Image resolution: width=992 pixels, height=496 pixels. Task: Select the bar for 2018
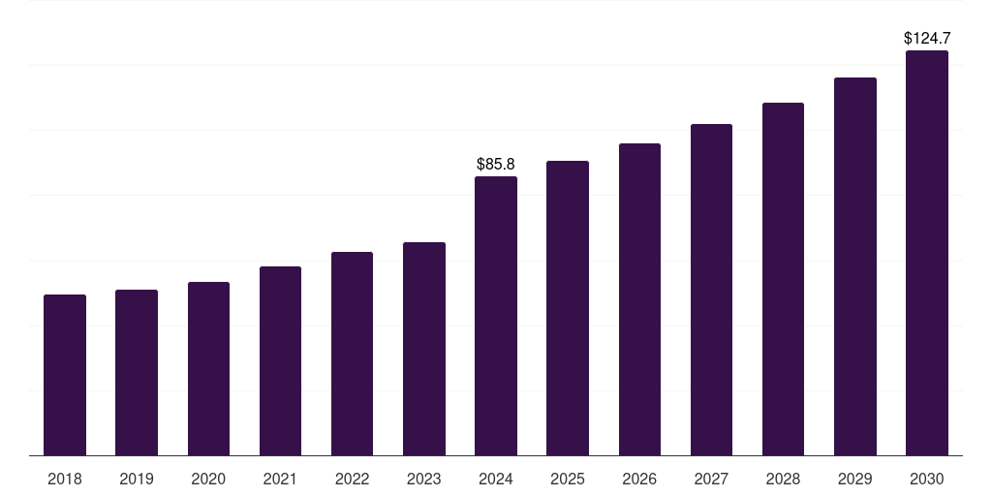coord(65,375)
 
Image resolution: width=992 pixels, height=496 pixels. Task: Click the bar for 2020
coord(208,368)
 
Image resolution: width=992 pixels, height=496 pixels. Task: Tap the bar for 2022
coord(352,354)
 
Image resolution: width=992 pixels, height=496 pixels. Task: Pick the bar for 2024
coord(496,316)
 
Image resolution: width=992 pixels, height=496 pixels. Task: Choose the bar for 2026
coord(639,299)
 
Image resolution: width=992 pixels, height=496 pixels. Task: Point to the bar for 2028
coord(783,279)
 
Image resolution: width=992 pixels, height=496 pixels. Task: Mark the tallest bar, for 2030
coord(927,253)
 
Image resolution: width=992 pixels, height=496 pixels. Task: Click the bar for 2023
coord(424,349)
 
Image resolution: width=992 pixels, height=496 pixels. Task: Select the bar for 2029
coord(855,266)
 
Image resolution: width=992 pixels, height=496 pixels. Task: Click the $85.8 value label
coord(496,165)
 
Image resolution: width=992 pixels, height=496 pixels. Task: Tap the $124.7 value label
coord(927,39)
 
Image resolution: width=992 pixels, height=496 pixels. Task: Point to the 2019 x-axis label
coord(137,479)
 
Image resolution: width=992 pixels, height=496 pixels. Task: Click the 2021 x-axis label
coord(280,479)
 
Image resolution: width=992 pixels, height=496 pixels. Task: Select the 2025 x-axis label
coord(568,479)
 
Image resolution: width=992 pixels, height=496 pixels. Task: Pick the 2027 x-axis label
coord(711,479)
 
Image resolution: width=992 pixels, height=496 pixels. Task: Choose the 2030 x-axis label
coord(927,479)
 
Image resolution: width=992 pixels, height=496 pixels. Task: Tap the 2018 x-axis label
coord(65,479)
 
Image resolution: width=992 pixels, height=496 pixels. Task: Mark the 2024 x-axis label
coord(496,479)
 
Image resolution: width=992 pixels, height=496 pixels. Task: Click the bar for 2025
coord(568,308)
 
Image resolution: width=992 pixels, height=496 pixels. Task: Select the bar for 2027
coord(711,290)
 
